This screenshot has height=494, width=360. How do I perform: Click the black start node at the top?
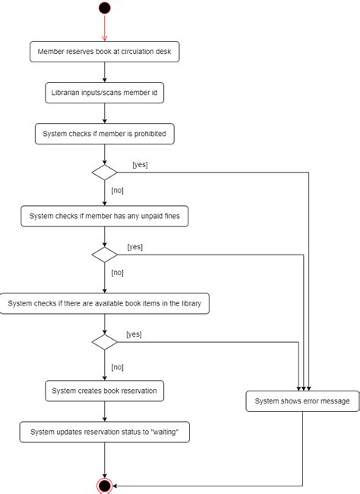click(104, 8)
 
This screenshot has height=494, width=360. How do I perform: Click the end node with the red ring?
click(104, 485)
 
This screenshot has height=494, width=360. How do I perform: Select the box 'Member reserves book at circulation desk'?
click(104, 52)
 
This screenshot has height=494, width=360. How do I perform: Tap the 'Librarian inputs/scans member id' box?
click(104, 93)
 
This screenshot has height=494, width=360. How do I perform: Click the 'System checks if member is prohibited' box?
click(105, 134)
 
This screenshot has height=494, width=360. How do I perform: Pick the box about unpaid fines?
click(104, 217)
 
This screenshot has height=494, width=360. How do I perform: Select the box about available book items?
click(104, 303)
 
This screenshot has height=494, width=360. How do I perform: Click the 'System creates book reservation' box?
click(104, 391)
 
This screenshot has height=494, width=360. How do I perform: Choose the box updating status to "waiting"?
click(104, 432)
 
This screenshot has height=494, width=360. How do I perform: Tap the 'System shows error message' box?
click(302, 401)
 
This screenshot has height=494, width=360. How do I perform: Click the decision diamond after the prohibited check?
click(104, 173)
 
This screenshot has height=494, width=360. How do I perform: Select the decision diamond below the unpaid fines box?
click(104, 255)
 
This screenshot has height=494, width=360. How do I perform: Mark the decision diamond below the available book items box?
click(104, 342)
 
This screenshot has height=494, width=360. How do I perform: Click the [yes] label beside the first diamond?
click(140, 164)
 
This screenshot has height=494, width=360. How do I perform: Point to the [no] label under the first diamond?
click(118, 190)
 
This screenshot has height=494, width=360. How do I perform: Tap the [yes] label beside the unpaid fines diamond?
click(134, 246)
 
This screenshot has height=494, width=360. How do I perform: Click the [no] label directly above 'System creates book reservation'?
click(118, 366)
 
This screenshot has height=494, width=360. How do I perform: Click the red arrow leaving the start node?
click(104, 29)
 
